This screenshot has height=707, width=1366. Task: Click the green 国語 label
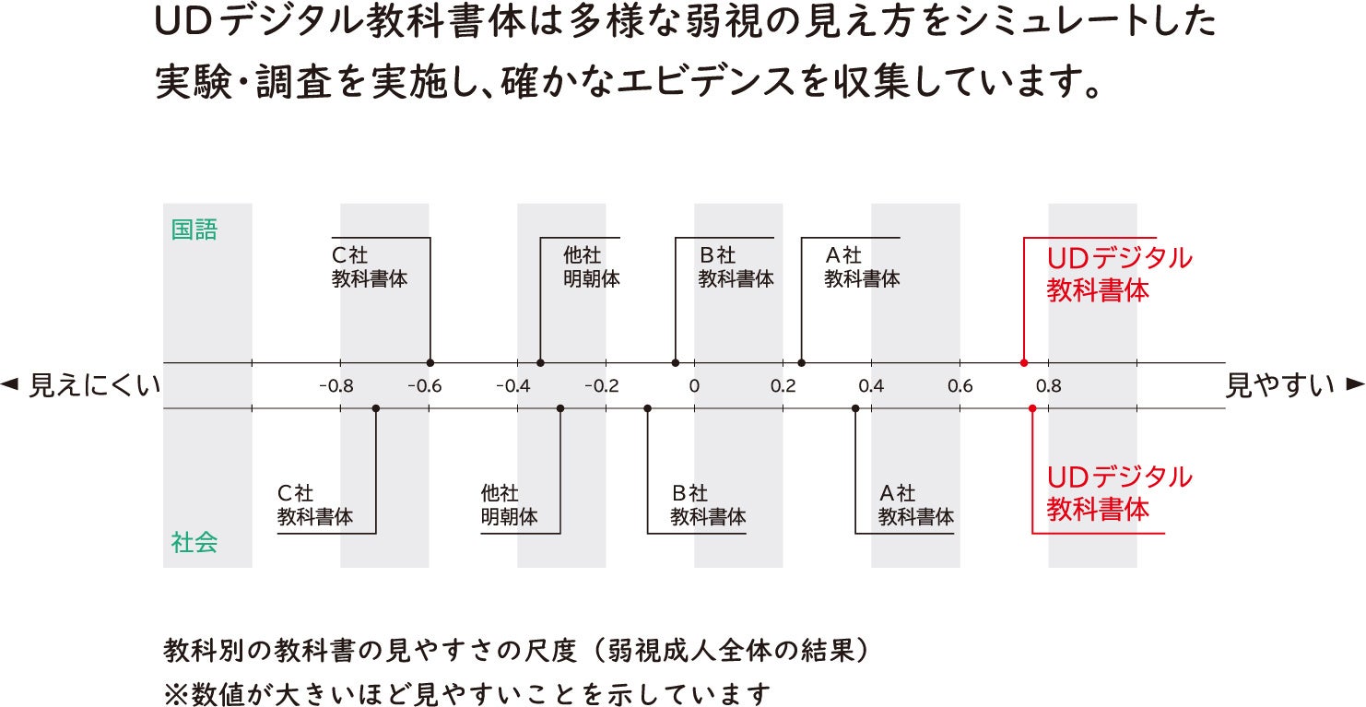194,230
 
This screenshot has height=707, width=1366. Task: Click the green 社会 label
194,542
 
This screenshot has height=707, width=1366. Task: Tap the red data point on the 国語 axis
1024,363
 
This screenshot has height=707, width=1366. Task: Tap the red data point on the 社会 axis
1032,407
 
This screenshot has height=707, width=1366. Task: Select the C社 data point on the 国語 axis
430,363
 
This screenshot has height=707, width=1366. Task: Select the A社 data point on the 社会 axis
855,407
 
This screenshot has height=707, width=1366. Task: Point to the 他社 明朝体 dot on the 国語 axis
540,363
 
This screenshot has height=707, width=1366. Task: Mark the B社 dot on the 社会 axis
647,407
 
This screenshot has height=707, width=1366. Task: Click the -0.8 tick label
336,385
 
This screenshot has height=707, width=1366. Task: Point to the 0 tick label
695,385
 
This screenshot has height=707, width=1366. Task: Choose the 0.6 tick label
960,385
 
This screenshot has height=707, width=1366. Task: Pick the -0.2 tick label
602,385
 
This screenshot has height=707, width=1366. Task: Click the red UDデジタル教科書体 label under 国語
1119,274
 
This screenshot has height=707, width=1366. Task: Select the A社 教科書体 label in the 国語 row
861,266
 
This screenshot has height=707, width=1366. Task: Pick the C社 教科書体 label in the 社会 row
315,505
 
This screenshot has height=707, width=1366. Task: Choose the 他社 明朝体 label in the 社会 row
509,505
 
